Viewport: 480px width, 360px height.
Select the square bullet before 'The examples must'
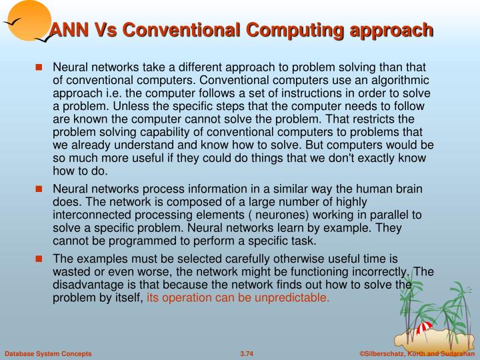point(39,259)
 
